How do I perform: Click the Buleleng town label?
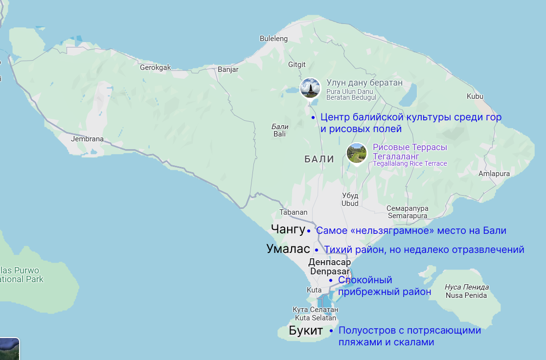(x=273, y=39)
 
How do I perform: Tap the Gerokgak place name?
(x=156, y=67)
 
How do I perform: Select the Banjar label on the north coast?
(x=228, y=69)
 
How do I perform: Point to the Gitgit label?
(x=297, y=65)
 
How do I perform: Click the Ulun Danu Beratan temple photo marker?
(x=310, y=88)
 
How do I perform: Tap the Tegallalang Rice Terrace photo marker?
(x=357, y=153)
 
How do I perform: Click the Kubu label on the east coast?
(x=475, y=96)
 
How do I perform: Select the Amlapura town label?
(x=494, y=174)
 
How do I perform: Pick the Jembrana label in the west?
(x=87, y=139)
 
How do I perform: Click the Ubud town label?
(x=350, y=200)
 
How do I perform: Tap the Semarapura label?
(x=408, y=212)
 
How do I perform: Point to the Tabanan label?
(x=294, y=212)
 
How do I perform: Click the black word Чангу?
(x=288, y=229)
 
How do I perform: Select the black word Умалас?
(x=288, y=248)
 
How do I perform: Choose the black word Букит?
(x=306, y=331)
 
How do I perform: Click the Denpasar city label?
(x=330, y=267)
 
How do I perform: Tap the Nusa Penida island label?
(x=466, y=291)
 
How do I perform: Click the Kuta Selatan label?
(x=316, y=314)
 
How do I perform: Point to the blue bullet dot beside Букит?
(x=331, y=331)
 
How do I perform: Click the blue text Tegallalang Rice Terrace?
(x=410, y=163)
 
